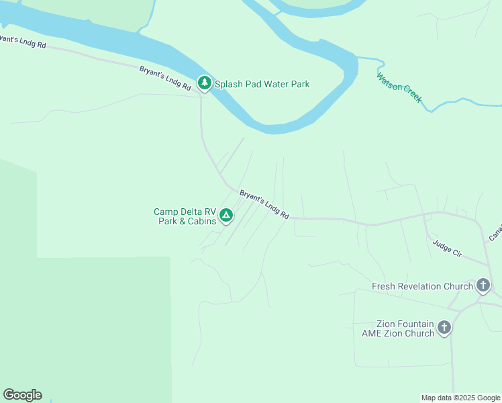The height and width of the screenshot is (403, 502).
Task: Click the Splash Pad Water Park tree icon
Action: tap(204, 83)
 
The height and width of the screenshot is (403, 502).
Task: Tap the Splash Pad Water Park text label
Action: tap(262, 85)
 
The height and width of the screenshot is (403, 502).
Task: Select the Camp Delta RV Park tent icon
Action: tap(227, 215)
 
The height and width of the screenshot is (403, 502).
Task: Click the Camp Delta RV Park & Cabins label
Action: tap(185, 216)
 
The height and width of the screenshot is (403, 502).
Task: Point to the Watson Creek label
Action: tap(399, 87)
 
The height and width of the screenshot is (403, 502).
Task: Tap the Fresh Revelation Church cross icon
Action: tap(483, 285)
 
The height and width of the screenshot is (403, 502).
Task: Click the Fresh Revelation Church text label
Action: tap(422, 286)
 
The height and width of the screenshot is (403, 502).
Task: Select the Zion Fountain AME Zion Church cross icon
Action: tap(444, 328)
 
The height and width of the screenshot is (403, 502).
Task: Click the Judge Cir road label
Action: tap(448, 249)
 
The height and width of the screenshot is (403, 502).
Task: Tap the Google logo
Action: tap(22, 395)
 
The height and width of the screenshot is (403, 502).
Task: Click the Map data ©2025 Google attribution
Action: tap(461, 398)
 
